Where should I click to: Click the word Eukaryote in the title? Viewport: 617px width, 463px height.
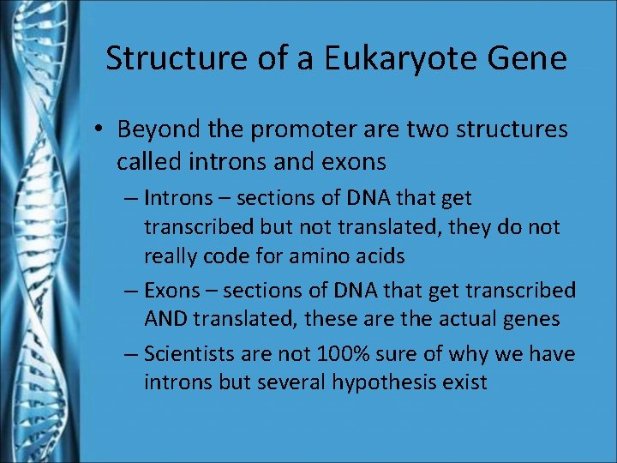(x=403, y=59)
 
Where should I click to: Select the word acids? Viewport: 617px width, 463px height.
(x=377, y=256)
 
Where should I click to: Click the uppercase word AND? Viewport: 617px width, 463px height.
(x=166, y=320)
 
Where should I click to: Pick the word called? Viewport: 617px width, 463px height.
(x=149, y=160)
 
